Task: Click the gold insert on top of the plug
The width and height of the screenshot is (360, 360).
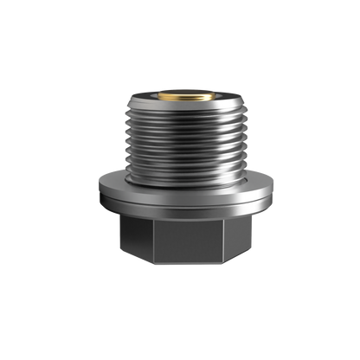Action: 180,91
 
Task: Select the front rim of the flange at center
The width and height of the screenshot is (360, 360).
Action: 180,206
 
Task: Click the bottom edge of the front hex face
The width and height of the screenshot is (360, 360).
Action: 180,264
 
